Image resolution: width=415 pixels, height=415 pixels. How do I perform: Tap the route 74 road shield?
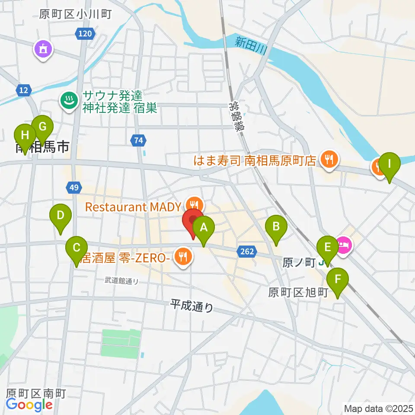pos(138,140)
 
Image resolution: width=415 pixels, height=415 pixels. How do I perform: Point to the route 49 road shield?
pos(73,188)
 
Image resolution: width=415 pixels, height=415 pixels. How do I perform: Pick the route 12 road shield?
pos(24,90)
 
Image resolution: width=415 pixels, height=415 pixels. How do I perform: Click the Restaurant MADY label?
pos(134,207)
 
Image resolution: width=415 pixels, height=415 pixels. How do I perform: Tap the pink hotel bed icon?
pos(344,246)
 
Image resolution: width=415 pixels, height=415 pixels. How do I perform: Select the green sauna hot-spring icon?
pos(68,101)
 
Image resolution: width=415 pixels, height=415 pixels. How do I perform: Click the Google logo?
pos(29,405)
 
